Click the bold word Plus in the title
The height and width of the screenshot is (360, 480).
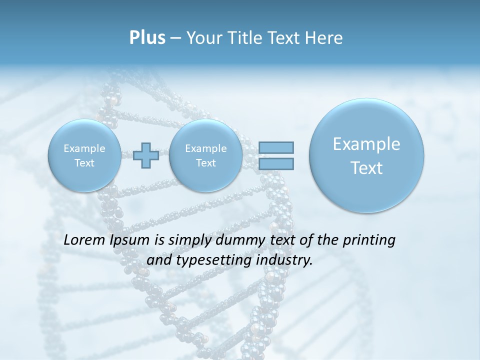click(x=147, y=37)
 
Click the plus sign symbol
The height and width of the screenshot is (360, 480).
click(x=146, y=155)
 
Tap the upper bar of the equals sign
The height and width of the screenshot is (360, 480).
click(x=276, y=147)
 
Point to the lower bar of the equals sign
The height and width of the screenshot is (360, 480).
click(x=276, y=163)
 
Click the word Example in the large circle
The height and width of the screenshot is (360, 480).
click(x=366, y=144)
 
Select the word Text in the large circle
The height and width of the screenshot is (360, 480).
click(x=366, y=168)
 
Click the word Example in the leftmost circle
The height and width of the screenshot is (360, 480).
click(x=84, y=148)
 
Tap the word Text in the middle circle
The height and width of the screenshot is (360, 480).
click(x=205, y=163)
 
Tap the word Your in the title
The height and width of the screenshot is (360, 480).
click(x=201, y=37)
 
